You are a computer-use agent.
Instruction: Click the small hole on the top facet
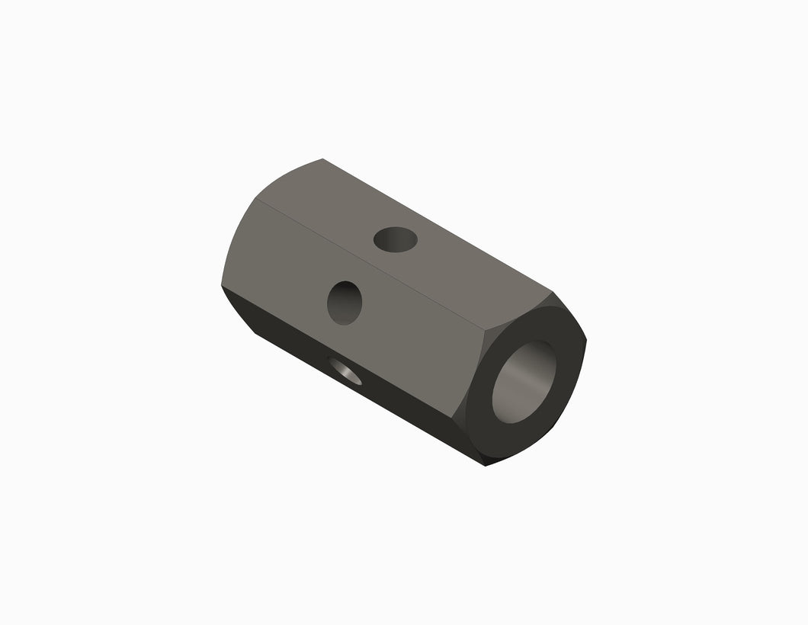point(396,240)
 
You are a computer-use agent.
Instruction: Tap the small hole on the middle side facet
point(345,303)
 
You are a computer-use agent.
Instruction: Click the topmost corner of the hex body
point(322,159)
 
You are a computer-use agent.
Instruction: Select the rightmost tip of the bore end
point(586,341)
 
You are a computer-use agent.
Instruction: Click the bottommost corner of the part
point(486,466)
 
